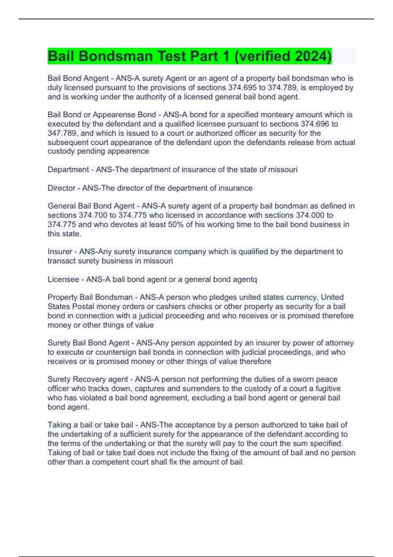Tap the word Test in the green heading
(x=171, y=56)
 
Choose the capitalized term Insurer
(x=60, y=252)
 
